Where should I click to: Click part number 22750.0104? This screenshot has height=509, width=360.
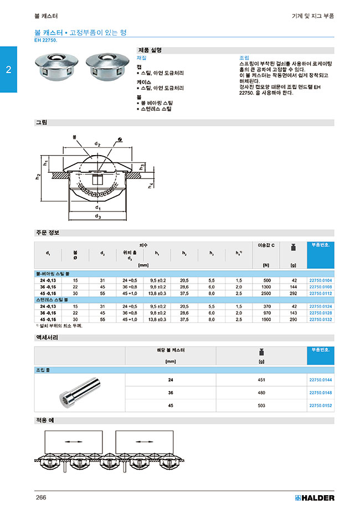tap(320, 281)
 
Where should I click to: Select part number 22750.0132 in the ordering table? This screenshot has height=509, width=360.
tap(320, 320)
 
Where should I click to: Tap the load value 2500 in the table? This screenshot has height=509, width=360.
tap(266, 294)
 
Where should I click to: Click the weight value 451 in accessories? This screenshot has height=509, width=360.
tap(262, 380)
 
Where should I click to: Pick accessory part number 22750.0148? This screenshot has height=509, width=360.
tap(320, 393)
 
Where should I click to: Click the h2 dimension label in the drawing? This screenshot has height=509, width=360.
tap(38, 177)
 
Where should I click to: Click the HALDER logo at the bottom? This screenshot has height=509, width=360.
tap(313, 497)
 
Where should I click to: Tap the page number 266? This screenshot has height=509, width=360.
tap(41, 497)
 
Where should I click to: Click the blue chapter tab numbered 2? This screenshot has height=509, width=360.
tap(8, 70)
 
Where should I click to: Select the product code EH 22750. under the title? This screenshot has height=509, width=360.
tap(46, 40)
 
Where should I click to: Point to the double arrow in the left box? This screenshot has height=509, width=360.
tap(73, 441)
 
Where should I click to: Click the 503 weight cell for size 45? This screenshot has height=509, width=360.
tap(262, 405)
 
